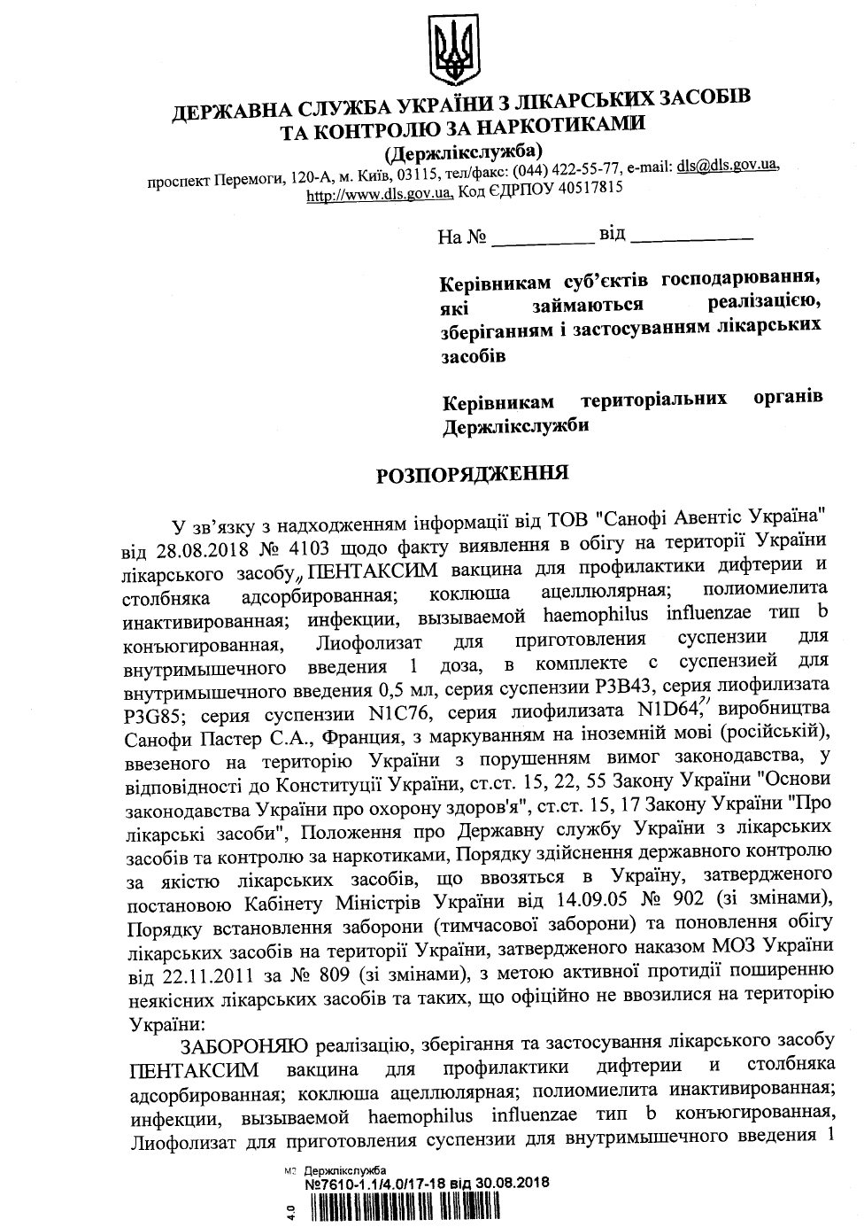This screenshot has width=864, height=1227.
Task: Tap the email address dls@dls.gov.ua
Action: click(727, 166)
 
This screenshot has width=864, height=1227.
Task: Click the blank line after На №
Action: click(542, 239)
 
